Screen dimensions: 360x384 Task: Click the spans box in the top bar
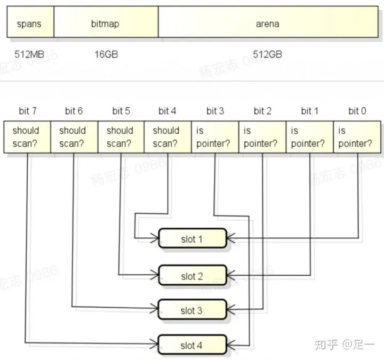tap(30, 24)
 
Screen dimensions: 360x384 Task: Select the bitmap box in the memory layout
tap(106, 24)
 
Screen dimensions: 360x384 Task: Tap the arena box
tap(267, 24)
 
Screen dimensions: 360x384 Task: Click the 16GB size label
tap(106, 54)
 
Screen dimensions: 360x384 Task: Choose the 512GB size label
tap(267, 54)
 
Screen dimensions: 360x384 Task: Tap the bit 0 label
tap(357, 111)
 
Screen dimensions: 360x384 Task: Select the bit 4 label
tap(167, 111)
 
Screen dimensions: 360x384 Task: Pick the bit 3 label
tap(215, 111)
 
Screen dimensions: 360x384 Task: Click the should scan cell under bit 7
tap(27, 137)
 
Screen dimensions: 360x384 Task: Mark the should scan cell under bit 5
tap(121, 137)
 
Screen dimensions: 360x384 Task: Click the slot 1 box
tap(193, 239)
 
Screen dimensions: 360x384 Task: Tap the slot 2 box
tap(193, 276)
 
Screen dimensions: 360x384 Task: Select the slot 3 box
tap(193, 310)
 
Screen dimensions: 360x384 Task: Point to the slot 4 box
tap(193, 345)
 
